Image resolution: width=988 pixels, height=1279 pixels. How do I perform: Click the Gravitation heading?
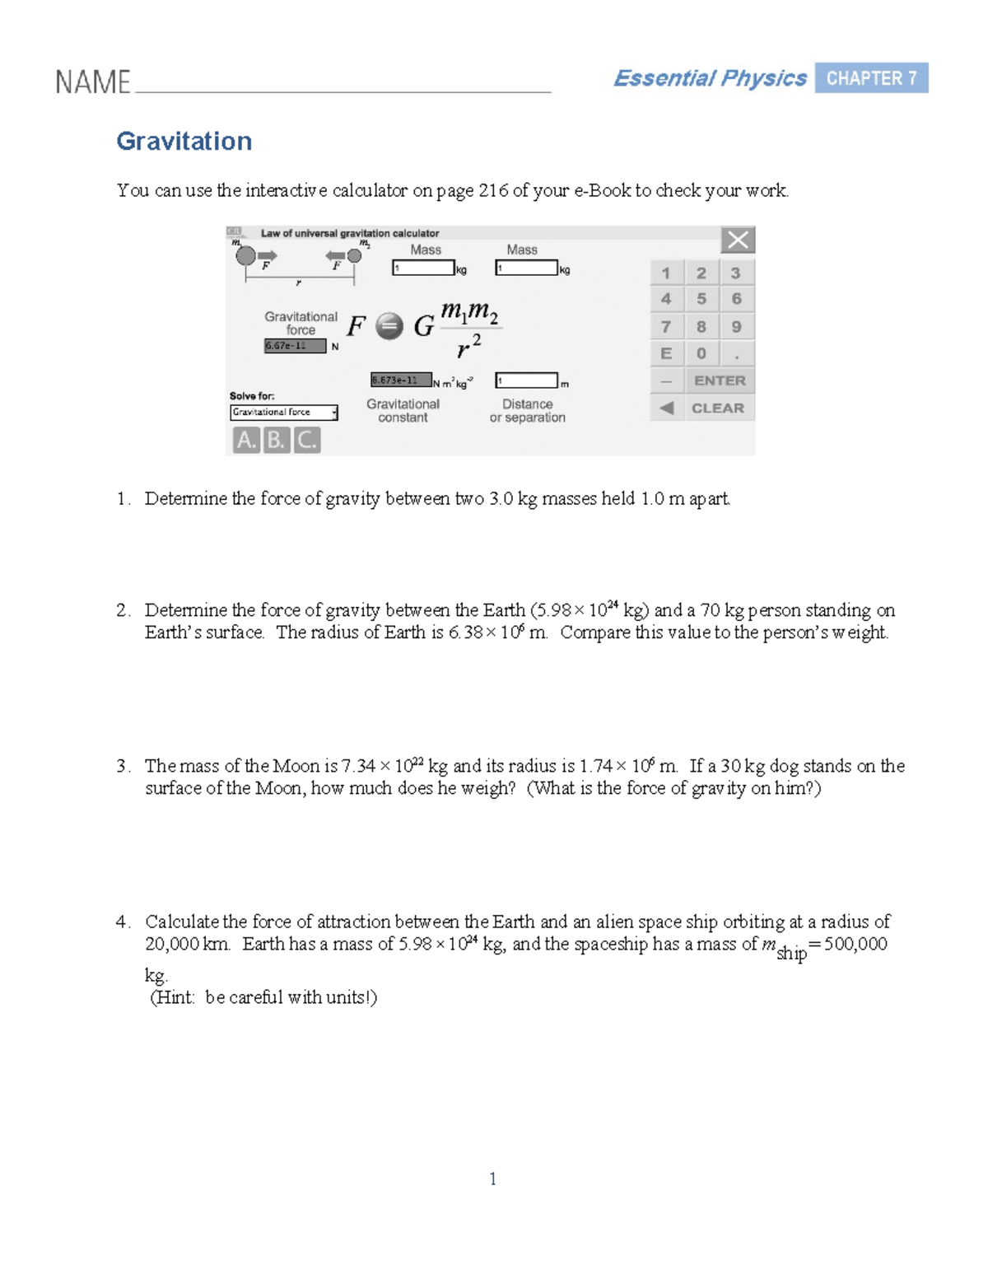coord(184,141)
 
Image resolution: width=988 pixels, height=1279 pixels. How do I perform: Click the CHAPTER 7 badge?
coord(871,78)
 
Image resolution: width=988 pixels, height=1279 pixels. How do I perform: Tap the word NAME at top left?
coord(92,82)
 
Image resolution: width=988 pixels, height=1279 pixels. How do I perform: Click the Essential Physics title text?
coord(710,78)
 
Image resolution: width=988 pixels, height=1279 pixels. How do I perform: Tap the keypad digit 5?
coord(701,299)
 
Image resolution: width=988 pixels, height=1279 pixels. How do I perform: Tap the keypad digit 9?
coord(736,327)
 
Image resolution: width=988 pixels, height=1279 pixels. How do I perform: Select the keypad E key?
coord(666,353)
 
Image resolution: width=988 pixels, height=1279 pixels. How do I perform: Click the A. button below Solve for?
coord(245,441)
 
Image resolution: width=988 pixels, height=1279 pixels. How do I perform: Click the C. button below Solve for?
coord(306,441)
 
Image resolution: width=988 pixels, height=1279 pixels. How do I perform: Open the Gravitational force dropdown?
coord(284,413)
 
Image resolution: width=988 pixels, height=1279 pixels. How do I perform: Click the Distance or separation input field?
coord(526,380)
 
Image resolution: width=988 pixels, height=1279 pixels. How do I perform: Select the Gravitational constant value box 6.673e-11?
coord(401,380)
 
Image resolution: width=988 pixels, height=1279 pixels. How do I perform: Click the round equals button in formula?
coord(389,327)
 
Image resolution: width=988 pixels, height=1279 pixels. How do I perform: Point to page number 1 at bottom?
coord(492,1179)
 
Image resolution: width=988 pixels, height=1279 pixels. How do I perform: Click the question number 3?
coord(122,766)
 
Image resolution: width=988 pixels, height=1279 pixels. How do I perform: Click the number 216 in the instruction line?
coord(493,191)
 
